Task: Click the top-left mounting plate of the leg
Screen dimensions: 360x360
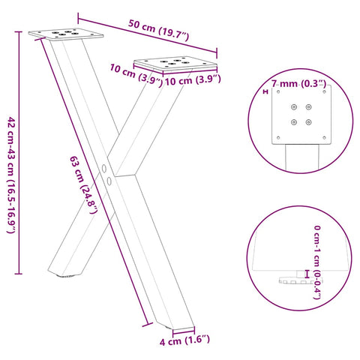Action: (64, 33)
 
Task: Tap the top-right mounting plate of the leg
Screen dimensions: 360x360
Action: (169, 64)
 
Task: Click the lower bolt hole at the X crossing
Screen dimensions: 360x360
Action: (109, 181)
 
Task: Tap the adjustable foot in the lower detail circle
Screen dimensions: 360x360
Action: (295, 279)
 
